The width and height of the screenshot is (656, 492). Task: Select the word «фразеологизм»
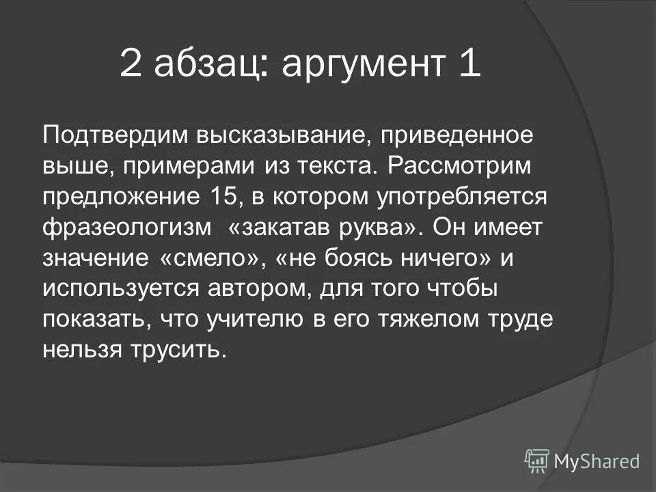click(126, 228)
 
